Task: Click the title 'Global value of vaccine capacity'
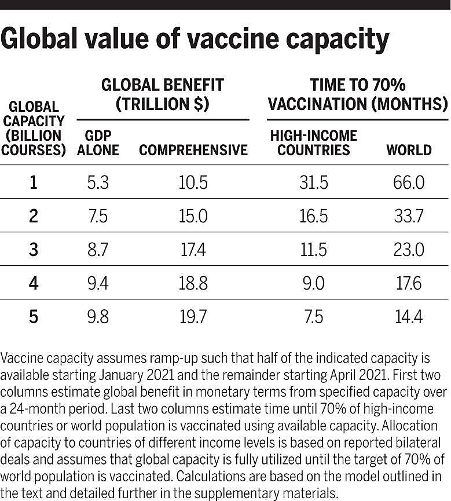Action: tap(195, 39)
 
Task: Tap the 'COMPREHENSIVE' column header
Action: tap(193, 150)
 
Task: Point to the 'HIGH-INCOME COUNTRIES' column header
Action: tap(314, 142)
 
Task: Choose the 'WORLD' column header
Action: tap(409, 150)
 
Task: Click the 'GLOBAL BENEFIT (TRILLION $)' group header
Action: tap(162, 95)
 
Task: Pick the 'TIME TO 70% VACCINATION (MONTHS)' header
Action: tap(358, 95)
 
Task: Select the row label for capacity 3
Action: tap(34, 250)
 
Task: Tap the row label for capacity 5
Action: tap(34, 317)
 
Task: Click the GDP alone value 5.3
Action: tap(97, 183)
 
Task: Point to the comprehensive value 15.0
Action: tap(193, 216)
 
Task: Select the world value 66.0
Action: tap(409, 183)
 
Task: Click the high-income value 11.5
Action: tap(314, 250)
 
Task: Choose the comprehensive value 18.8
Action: tap(193, 283)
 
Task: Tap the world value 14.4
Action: tap(409, 317)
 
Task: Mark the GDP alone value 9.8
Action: tap(97, 317)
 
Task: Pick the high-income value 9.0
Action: tap(314, 283)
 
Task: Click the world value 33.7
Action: tap(409, 216)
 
